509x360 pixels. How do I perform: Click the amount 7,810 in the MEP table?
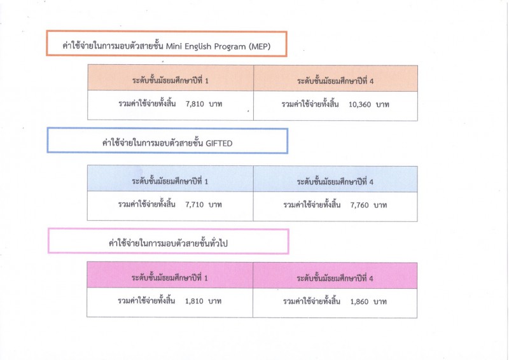[x=195, y=104]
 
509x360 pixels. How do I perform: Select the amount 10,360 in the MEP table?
[x=359, y=104]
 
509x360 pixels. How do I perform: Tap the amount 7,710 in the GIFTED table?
[x=195, y=205]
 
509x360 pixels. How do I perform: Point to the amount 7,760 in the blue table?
[x=359, y=205]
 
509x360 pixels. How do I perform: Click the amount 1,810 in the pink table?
[x=194, y=301]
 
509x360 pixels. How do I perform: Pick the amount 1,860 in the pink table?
[x=359, y=302]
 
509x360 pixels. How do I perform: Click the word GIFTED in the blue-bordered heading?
[x=219, y=144]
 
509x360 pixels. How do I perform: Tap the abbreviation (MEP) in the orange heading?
[x=260, y=46]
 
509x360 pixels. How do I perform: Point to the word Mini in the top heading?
[x=174, y=46]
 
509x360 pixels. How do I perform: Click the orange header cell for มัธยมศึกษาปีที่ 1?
[x=171, y=78]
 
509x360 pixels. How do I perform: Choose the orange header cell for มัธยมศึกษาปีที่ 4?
[x=336, y=78]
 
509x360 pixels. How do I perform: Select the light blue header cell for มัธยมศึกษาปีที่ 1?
[x=170, y=179]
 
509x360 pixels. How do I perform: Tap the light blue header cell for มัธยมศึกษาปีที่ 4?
[x=335, y=179]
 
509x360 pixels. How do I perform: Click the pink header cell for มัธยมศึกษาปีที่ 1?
[x=170, y=275]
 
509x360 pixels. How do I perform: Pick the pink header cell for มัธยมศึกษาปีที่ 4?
[x=335, y=275]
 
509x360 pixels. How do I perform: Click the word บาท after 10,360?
[x=382, y=105]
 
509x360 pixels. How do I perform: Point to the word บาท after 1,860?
[x=380, y=302]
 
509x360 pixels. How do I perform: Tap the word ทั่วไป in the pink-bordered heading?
[x=218, y=243]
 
